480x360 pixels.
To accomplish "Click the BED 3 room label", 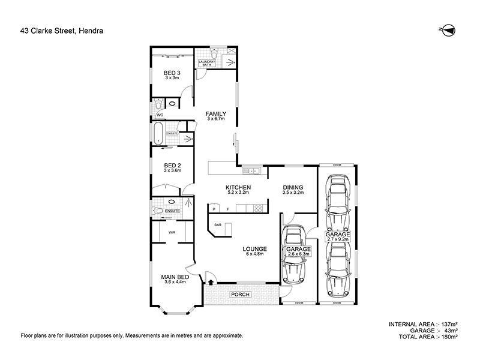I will [172, 75].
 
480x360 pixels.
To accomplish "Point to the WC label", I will [160, 115].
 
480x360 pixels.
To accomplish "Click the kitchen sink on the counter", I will [254, 171].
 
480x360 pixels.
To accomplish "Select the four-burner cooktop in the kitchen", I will [258, 208].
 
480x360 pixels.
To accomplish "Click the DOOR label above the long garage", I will [337, 165].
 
